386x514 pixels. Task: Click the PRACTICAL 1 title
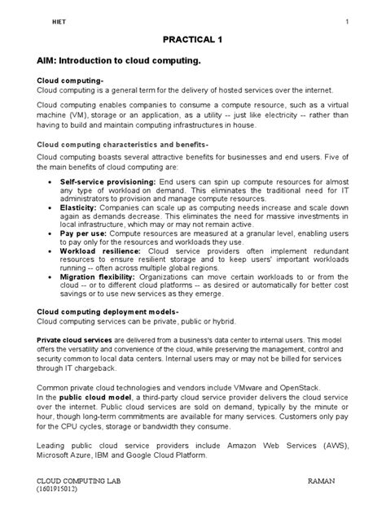[x=192, y=39]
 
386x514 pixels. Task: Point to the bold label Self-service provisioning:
[x=108, y=181]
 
